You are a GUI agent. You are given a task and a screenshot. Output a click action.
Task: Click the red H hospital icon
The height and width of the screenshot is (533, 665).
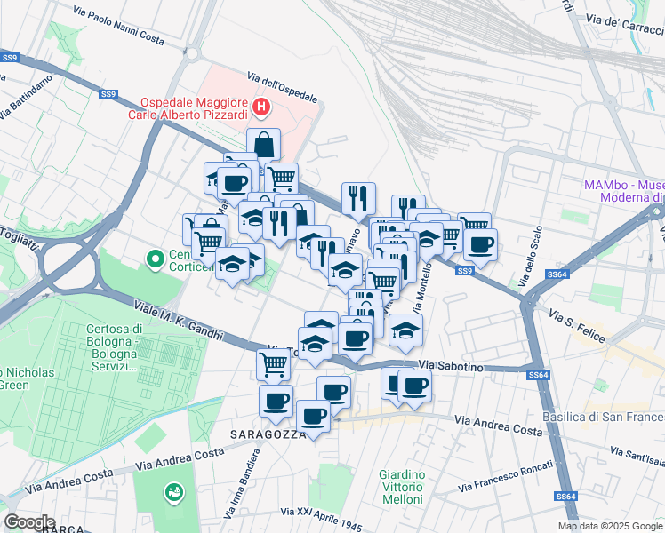tap(260, 108)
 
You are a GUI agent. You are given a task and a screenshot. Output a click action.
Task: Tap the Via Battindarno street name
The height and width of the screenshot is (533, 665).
tap(26, 96)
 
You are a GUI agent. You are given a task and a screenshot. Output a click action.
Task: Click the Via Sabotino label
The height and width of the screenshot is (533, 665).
tap(451, 365)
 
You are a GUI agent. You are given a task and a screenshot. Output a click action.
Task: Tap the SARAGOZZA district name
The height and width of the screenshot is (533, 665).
tap(268, 434)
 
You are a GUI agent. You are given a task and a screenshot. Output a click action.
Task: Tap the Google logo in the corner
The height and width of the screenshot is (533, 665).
tap(29, 521)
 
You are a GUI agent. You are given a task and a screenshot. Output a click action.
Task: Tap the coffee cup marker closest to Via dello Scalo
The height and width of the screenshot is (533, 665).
tap(481, 244)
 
